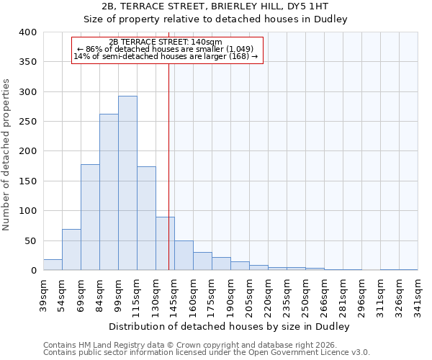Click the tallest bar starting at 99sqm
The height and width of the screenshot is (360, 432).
pyautogui.click(x=127, y=183)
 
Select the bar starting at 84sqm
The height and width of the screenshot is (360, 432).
pyautogui.click(x=109, y=192)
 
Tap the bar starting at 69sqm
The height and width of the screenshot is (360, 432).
pyautogui.click(x=90, y=217)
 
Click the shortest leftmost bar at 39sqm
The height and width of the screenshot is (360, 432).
pyautogui.click(x=53, y=265)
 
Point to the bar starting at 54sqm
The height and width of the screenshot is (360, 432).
pyautogui.click(x=71, y=250)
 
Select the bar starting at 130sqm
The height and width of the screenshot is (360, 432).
pyautogui.click(x=165, y=243)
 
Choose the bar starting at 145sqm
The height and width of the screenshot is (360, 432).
pyautogui.click(x=184, y=256)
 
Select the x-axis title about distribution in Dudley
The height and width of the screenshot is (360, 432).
pyautogui.click(x=230, y=326)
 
